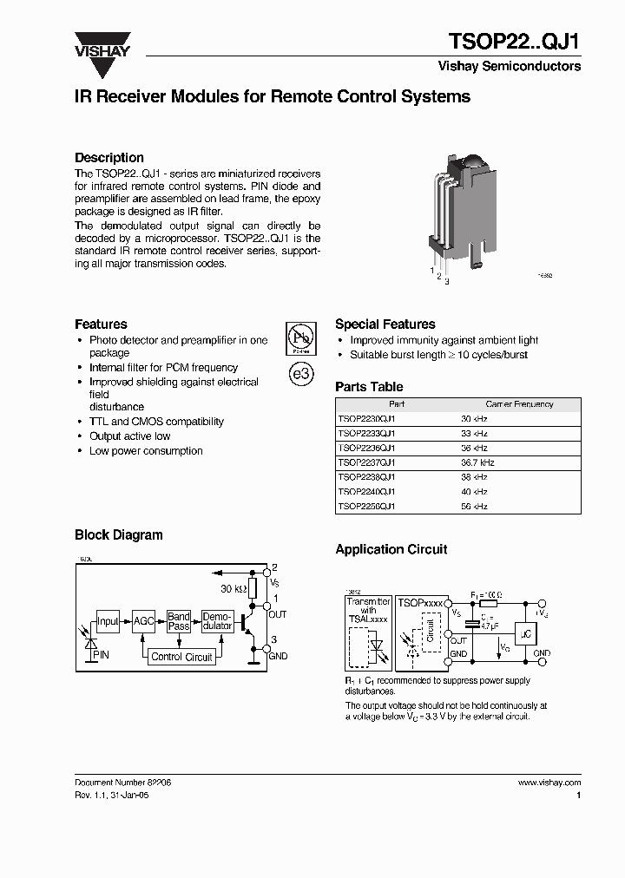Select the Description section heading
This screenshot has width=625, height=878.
click(109, 158)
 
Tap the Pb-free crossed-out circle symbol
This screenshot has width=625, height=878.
click(300, 337)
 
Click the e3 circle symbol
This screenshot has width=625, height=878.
click(300, 374)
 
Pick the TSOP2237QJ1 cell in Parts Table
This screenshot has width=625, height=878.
click(366, 463)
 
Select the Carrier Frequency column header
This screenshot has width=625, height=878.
click(519, 404)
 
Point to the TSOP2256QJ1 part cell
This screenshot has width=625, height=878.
click(366, 506)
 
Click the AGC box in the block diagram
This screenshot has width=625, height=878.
click(143, 621)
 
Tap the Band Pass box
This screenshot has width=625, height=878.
click(179, 621)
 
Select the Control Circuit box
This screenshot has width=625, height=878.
click(181, 657)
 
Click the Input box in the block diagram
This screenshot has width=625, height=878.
click(108, 621)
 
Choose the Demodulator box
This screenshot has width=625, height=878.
click(217, 621)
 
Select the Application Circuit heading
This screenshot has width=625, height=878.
click(391, 549)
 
